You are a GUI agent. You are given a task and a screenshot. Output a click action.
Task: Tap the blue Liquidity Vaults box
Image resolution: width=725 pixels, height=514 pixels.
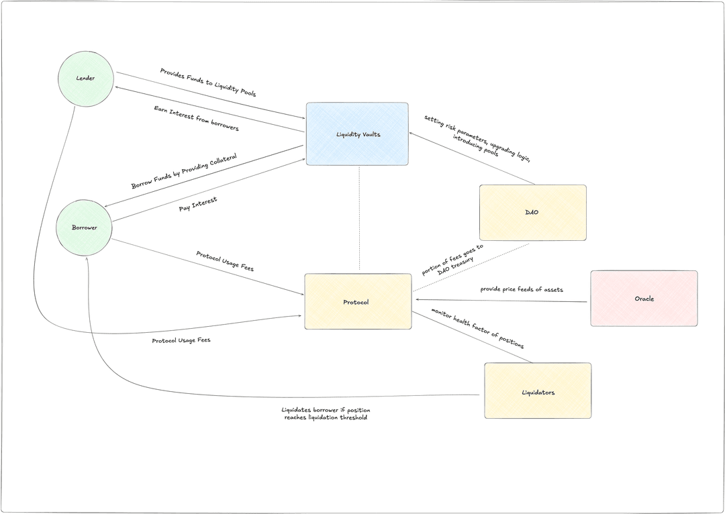point(357,134)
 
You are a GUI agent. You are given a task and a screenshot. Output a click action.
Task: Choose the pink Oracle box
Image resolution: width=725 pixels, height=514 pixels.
point(644,299)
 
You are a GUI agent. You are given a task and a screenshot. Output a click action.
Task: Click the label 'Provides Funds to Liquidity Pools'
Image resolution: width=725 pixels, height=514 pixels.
point(208,83)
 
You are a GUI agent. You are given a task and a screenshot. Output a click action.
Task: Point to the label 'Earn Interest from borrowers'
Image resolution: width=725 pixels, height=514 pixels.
point(196,119)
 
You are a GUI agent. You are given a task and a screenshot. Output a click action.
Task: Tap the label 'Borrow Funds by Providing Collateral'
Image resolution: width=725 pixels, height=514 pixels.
point(184,171)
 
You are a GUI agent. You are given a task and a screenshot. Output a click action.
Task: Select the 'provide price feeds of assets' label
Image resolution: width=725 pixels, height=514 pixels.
point(522,289)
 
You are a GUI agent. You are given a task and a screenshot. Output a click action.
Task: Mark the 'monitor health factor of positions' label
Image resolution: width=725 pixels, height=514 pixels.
point(477,328)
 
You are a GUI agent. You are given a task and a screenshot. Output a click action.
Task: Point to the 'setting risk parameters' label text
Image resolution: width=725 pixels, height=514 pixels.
point(477,138)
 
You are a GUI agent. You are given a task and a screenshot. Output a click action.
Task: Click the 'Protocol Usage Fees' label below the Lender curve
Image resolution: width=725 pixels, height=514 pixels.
point(181,340)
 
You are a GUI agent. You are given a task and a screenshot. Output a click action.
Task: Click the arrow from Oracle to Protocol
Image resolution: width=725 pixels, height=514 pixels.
point(500,301)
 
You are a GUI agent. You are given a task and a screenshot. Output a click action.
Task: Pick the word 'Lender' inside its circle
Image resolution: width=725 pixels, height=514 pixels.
point(85,79)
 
